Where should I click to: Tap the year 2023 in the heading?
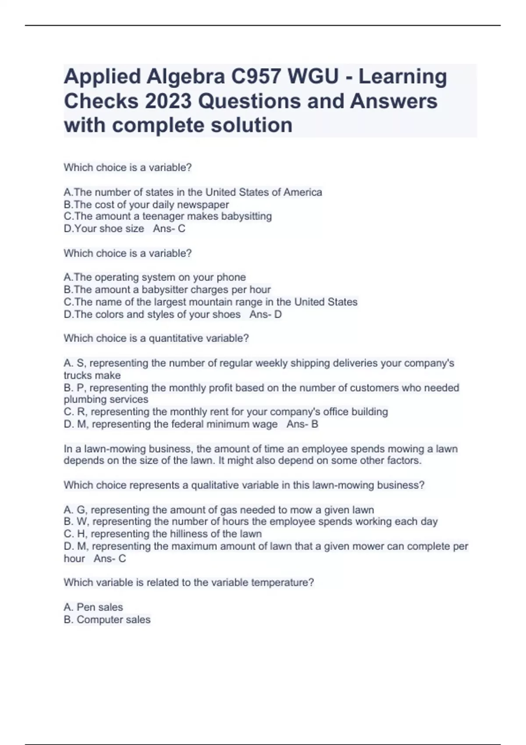pyautogui.click(x=167, y=101)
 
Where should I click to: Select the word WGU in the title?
pyautogui.click(x=313, y=77)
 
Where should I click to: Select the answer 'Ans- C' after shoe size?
pyautogui.click(x=169, y=229)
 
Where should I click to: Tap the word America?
pyautogui.click(x=302, y=192)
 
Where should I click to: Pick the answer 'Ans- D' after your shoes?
pyautogui.click(x=266, y=315)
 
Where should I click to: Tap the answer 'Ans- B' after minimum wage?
pyautogui.click(x=302, y=424)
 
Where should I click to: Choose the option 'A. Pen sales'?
pyautogui.click(x=93, y=607)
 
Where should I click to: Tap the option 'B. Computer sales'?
pyautogui.click(x=107, y=620)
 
